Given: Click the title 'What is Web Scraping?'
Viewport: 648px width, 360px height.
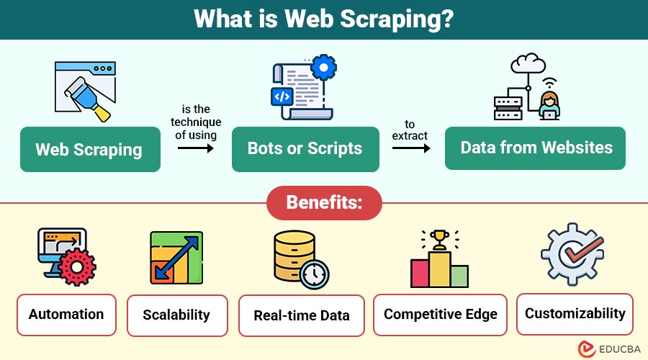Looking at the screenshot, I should click(323, 19).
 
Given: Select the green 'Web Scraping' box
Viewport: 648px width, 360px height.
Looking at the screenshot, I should click(90, 150).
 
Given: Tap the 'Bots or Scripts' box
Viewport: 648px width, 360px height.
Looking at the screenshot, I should click(305, 149).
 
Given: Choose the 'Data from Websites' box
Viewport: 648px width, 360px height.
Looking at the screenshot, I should click(536, 148).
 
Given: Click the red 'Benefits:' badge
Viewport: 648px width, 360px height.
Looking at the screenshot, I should click(324, 202).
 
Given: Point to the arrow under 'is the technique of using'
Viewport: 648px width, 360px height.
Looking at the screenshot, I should click(196, 148).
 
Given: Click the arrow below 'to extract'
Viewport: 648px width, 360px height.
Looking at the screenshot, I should click(410, 148).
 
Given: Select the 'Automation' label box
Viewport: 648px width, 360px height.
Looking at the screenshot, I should click(66, 315).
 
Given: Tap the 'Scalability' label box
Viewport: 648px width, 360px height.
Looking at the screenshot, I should click(176, 315).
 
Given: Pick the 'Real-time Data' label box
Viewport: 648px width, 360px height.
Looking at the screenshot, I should click(302, 315).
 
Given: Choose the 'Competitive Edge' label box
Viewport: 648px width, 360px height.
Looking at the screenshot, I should click(441, 315).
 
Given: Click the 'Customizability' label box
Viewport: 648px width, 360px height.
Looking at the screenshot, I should click(575, 314).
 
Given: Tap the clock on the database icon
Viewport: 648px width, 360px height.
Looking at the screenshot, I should click(314, 274).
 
